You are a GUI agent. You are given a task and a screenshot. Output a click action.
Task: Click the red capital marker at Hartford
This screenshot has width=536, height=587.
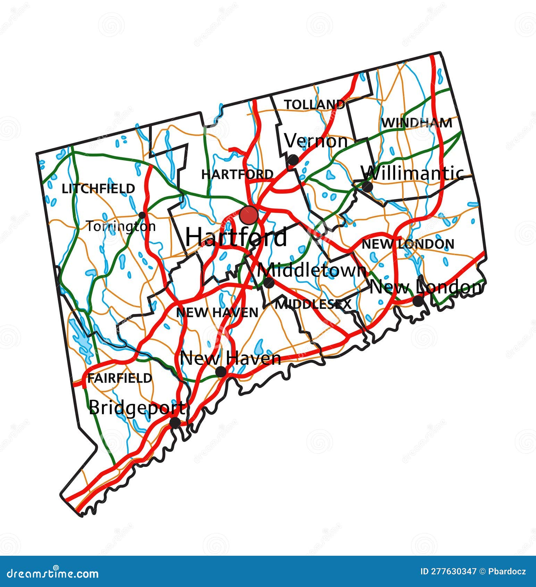[x=249, y=215]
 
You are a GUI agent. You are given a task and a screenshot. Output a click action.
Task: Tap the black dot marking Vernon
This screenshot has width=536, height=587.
[x=292, y=160]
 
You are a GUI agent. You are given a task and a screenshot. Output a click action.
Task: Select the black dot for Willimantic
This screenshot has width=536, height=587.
[x=367, y=187]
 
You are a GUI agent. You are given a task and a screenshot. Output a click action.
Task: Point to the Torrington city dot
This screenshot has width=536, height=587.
[x=142, y=215]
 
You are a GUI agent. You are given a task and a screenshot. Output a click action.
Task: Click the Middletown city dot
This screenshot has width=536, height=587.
[x=269, y=283]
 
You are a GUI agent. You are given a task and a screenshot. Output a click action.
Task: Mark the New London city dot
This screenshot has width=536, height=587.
[x=418, y=301]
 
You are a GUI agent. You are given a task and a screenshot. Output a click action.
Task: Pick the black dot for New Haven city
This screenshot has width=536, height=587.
[x=221, y=372]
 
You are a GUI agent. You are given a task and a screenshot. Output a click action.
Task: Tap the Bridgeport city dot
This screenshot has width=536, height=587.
[x=175, y=423]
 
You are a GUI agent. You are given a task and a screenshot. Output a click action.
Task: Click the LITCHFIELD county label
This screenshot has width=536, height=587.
[x=98, y=189]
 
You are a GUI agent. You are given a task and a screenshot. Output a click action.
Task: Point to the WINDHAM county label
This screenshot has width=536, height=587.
[x=417, y=123]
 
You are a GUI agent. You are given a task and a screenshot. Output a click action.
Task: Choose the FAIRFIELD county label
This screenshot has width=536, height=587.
[x=120, y=378]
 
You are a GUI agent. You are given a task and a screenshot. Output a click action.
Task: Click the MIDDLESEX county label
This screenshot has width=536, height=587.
[x=313, y=305]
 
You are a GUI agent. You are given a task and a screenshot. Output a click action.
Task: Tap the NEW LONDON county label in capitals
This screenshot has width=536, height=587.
[x=408, y=244]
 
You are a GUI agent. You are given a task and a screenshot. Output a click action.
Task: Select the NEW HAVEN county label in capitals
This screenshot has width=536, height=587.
[x=217, y=313]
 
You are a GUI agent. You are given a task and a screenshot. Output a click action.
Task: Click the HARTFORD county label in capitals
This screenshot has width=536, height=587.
[x=237, y=174]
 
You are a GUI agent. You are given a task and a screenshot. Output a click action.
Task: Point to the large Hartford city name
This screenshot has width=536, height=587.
[x=236, y=237]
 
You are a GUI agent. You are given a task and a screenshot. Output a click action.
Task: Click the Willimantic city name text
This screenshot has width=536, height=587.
[x=412, y=173]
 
